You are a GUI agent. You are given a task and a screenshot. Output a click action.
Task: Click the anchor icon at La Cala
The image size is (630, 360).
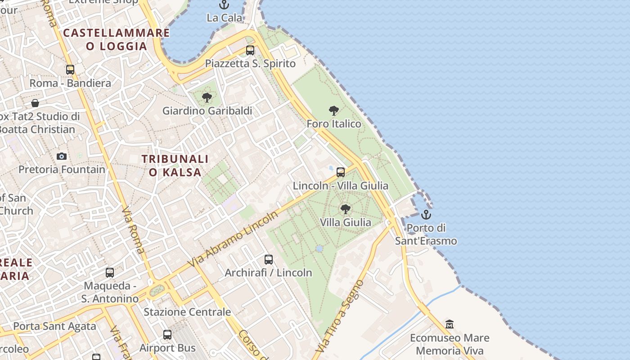click(224, 5)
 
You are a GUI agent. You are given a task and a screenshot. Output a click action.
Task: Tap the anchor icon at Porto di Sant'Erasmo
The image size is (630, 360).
click(426, 214)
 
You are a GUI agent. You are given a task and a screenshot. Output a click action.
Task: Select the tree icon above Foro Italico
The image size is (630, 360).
click(333, 110)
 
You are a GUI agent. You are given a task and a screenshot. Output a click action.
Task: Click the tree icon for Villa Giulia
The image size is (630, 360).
click(345, 209)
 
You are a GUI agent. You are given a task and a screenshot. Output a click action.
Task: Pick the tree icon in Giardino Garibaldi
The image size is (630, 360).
click(207, 97)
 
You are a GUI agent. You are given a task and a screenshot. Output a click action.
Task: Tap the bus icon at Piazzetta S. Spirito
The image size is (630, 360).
click(250, 50)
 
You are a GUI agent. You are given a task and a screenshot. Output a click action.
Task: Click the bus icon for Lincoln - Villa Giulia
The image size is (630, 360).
click(341, 172)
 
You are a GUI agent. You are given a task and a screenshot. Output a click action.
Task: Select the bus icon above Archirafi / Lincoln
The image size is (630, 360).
click(269, 260)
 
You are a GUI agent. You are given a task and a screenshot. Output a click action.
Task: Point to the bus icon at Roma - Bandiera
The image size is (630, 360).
click(70, 70)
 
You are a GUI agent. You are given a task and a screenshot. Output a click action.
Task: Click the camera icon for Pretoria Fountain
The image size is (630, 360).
click(62, 157)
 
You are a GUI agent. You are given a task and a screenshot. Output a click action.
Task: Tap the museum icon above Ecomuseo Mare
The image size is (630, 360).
click(449, 324)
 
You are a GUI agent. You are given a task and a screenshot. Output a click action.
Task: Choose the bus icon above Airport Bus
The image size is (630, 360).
click(167, 335)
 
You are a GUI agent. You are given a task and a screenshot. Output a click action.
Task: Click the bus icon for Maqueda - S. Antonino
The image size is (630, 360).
click(110, 273)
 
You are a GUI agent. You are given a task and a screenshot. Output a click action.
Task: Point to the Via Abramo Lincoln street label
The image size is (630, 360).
click(234, 238)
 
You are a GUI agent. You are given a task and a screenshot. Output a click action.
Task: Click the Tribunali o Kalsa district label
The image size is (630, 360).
click(175, 165)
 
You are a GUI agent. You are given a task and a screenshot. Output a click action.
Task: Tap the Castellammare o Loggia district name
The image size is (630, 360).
click(117, 39)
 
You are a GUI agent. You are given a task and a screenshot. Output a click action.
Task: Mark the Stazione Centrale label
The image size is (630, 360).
click(187, 312)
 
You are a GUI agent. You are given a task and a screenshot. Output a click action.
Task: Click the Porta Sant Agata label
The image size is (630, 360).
click(54, 326)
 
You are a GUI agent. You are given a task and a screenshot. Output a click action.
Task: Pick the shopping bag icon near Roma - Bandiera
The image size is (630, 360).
click(35, 103)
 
